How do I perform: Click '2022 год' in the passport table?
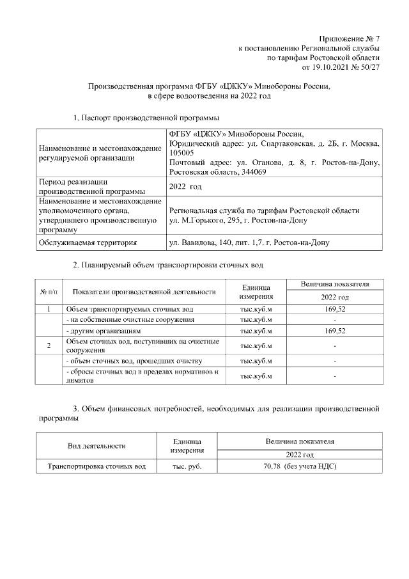click(185, 187)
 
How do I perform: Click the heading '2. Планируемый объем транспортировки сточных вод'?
click(168, 264)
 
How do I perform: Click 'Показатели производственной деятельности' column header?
click(144, 292)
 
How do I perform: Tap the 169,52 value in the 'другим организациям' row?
click(335, 331)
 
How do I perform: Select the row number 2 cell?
click(50, 346)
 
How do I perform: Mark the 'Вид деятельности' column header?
click(96, 445)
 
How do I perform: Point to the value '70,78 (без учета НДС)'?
click(300, 466)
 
